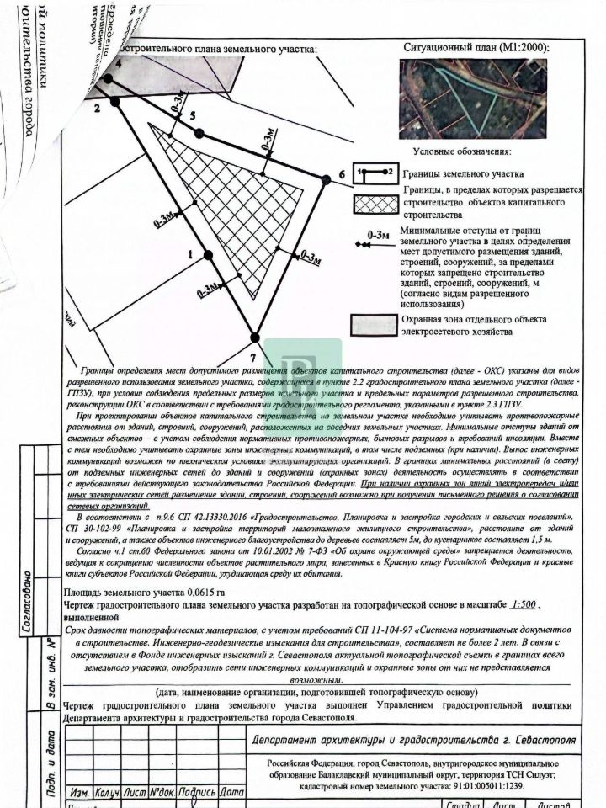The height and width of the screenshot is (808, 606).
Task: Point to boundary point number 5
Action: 199,133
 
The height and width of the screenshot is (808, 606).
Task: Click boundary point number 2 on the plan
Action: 116,101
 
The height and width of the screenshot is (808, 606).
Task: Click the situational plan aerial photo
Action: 474,98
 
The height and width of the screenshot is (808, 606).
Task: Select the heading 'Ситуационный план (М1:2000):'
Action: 476,48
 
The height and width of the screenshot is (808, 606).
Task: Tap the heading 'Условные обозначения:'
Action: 461,151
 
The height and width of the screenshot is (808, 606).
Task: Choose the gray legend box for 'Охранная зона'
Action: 374,325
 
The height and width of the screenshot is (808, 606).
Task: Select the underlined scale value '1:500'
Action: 524,604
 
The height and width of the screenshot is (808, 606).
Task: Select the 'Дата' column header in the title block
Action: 233,792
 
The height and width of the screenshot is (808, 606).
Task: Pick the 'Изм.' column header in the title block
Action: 80,792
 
